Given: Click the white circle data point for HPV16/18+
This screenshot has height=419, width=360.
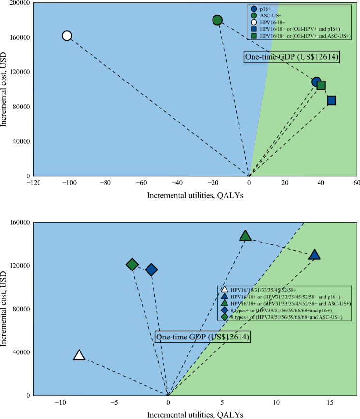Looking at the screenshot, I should point(67,35).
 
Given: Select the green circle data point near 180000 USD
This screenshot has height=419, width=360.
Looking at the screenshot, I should point(217,20).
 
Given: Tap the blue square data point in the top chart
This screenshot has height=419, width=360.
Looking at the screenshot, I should point(331,100).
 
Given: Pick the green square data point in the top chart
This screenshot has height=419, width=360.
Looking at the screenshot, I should point(321,85).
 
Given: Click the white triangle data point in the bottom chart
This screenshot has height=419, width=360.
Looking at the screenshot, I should point(79,355).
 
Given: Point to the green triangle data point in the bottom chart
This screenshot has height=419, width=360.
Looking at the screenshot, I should point(245,236).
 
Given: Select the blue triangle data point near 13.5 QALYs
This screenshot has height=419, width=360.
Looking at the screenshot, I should point(315,255).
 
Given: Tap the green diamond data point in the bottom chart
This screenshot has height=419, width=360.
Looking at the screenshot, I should point(133,264).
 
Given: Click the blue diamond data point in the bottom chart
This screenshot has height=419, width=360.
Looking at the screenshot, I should point(151,270).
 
